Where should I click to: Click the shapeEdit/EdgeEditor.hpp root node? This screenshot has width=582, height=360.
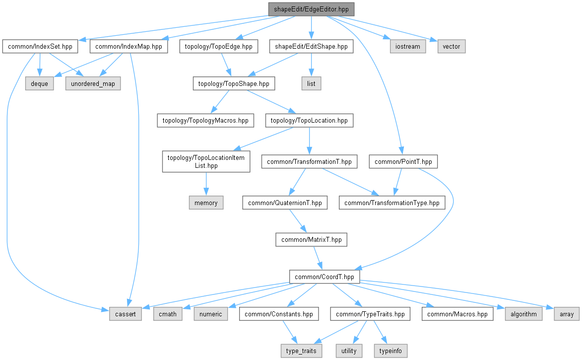point(311,9)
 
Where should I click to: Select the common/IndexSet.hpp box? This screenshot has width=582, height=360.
point(40,47)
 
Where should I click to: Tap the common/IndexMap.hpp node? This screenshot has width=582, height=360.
point(129,47)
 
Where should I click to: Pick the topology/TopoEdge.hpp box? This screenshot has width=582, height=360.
point(219,47)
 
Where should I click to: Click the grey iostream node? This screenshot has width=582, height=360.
point(407,47)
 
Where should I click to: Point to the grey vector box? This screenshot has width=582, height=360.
point(452,47)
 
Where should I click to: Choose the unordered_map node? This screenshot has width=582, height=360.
point(93,83)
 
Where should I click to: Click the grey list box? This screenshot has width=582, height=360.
point(311,83)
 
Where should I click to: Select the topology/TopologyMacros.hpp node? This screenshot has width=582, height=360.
point(205,120)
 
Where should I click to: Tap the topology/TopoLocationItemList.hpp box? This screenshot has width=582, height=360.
point(206,161)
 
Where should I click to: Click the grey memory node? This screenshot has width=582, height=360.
point(206,203)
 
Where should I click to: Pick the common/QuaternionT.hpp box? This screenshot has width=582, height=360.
point(285,203)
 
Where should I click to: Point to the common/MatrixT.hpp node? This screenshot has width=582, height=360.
point(312,240)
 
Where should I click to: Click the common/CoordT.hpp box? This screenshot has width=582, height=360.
point(324,277)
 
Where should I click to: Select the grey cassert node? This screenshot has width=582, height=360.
point(126,314)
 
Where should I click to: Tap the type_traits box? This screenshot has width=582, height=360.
point(301,351)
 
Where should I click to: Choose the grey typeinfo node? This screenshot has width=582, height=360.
point(390,351)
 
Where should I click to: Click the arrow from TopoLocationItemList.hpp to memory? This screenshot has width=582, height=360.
point(206,184)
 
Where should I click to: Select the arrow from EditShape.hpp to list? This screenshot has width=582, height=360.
point(311,65)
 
